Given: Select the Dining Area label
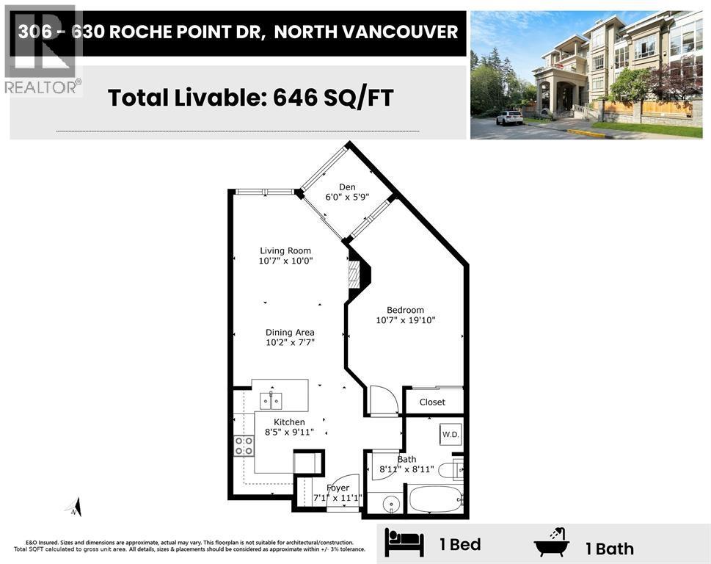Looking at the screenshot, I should pyautogui.click(x=290, y=332).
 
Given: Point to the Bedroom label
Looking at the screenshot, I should pyautogui.click(x=406, y=310).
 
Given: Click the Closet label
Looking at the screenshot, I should pyautogui.click(x=432, y=402).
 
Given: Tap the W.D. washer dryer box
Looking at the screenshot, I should pyautogui.click(x=450, y=434).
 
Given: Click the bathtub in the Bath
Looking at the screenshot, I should pyautogui.click(x=435, y=499).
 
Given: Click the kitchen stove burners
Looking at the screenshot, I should pyautogui.click(x=244, y=445).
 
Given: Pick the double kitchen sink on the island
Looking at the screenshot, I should pyautogui.click(x=271, y=400).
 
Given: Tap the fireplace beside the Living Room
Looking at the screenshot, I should pyautogui.click(x=356, y=276).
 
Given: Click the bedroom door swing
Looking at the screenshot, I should pyautogui.click(x=382, y=401).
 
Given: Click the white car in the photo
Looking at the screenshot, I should pyautogui.click(x=509, y=117).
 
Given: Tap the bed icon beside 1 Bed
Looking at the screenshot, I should pyautogui.click(x=404, y=544).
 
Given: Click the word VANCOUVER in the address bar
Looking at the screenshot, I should pyautogui.click(x=415, y=32).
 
